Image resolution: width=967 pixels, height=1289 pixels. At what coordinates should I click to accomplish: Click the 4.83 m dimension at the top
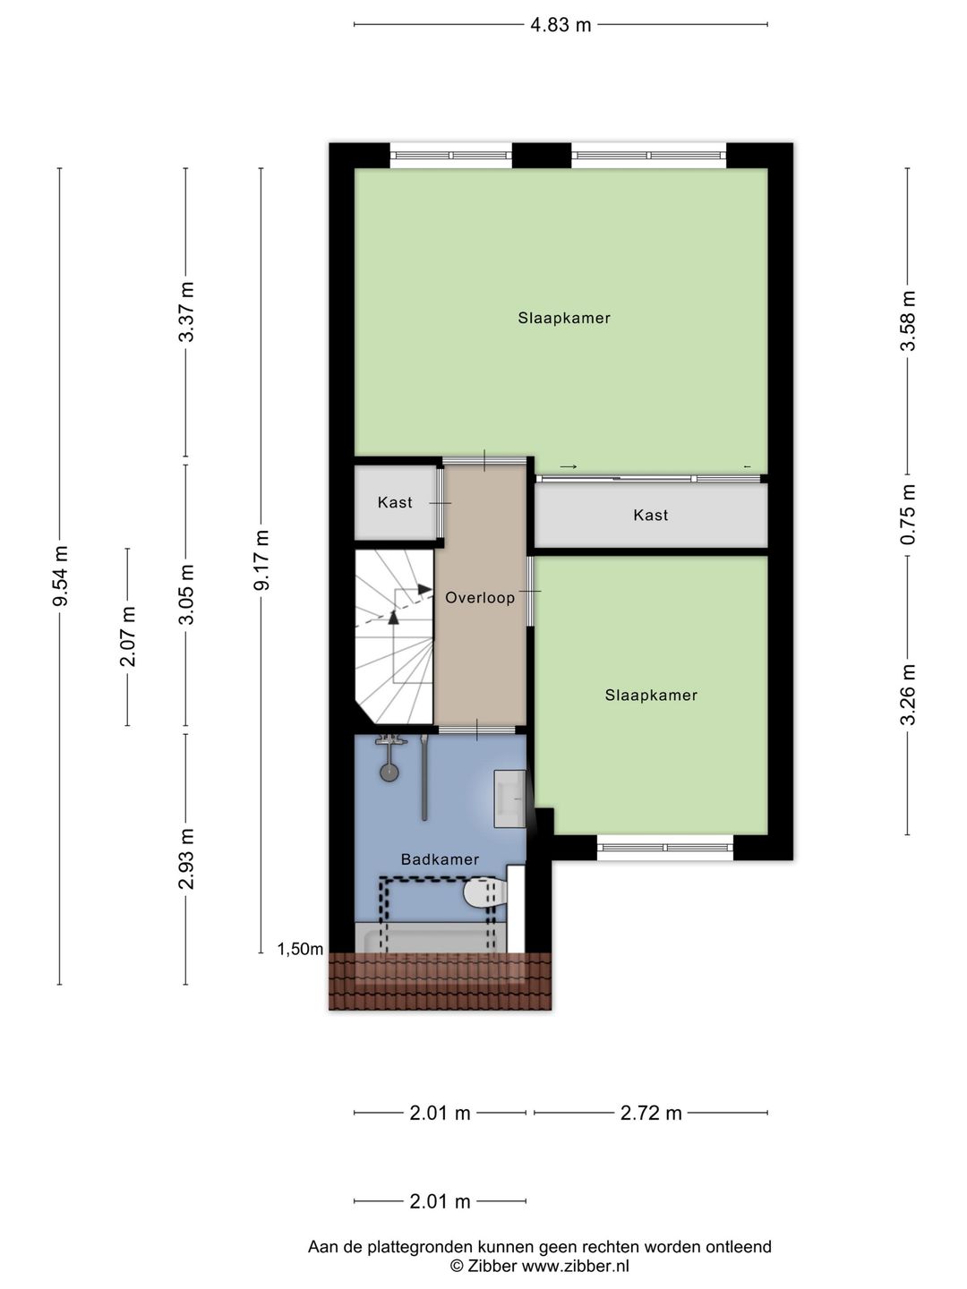click(561, 25)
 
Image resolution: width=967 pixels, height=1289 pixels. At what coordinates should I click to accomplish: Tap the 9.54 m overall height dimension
click(61, 575)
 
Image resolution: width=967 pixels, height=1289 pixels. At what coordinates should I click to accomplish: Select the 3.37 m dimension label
click(187, 312)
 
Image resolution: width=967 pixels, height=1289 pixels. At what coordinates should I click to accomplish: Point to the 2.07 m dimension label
click(128, 636)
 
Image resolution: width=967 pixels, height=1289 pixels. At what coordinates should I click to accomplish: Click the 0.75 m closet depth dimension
click(908, 515)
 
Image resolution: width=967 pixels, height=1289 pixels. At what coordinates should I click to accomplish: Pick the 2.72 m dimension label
click(651, 1113)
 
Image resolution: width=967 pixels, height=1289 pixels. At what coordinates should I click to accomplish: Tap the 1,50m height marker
click(300, 949)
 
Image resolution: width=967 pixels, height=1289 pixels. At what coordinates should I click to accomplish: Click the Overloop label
click(480, 598)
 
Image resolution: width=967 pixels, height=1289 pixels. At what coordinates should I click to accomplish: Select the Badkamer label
click(440, 859)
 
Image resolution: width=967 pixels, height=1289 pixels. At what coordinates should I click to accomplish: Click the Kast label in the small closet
click(395, 502)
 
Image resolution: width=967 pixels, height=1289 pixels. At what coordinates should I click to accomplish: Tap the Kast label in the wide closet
click(651, 515)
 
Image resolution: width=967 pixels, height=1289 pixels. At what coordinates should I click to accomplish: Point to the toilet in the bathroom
click(485, 893)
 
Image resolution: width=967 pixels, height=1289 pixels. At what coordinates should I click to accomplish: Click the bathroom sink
click(509, 798)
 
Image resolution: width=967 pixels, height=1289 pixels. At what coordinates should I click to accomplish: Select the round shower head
click(389, 773)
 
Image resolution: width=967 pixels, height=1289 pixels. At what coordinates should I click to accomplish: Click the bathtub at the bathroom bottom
click(430, 938)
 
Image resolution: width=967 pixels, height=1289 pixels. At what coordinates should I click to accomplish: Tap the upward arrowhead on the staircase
click(393, 617)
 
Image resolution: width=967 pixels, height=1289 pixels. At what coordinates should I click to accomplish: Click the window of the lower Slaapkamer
click(665, 848)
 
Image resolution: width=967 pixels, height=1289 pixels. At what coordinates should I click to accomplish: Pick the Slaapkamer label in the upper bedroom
click(564, 318)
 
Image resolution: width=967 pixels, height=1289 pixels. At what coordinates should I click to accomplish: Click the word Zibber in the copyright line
click(492, 1266)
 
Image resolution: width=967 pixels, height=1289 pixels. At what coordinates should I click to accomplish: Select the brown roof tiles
click(440, 981)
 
